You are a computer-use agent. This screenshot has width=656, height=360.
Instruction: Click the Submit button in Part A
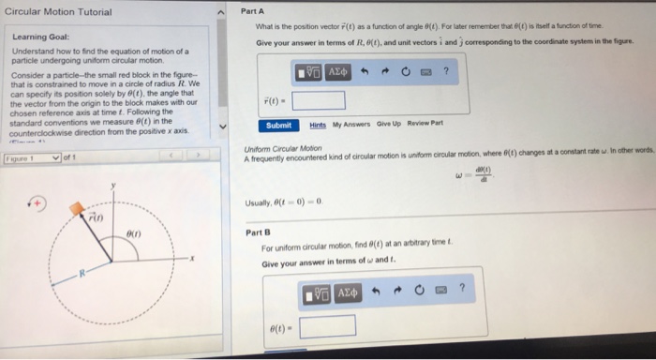(x=277, y=126)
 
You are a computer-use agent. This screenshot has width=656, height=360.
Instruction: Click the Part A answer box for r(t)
(x=319, y=99)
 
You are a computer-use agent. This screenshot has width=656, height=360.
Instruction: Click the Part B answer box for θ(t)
(x=327, y=325)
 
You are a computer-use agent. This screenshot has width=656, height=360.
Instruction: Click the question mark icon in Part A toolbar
(x=446, y=71)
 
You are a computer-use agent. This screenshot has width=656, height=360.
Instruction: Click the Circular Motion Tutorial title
(x=58, y=12)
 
